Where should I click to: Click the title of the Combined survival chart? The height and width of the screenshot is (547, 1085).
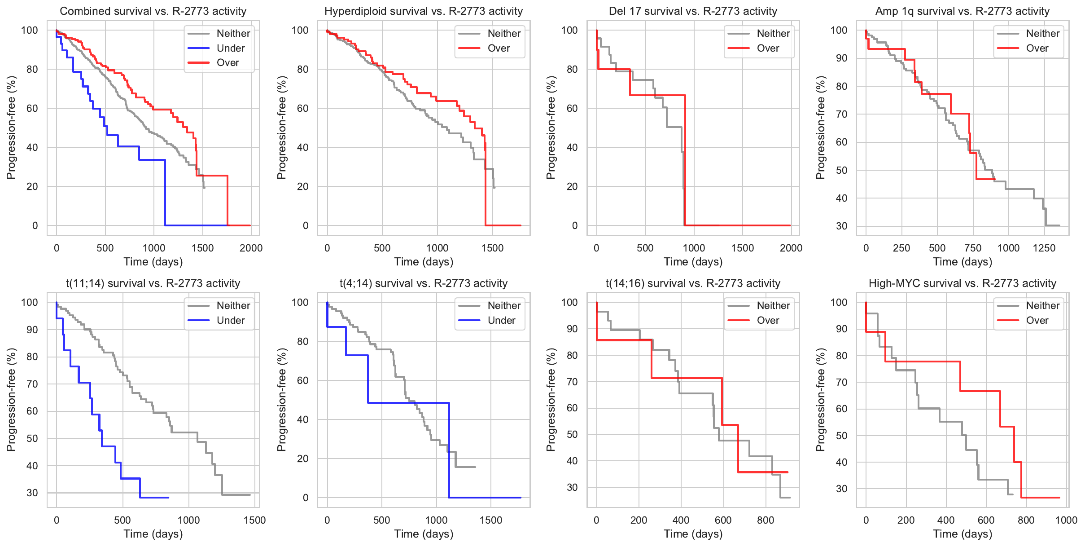[153, 11]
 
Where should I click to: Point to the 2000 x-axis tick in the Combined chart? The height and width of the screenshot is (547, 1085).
[251, 248]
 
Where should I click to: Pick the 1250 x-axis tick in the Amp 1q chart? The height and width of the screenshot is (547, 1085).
[1044, 248]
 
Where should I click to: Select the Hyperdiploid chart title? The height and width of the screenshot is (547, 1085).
[424, 11]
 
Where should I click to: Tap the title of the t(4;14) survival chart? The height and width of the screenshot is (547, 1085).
[424, 283]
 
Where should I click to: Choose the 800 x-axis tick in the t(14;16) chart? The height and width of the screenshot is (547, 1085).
[766, 520]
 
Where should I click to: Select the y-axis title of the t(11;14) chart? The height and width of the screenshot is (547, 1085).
[11, 400]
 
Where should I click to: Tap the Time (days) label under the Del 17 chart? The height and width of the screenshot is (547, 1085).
[693, 262]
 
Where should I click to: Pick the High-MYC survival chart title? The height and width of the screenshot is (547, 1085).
[962, 283]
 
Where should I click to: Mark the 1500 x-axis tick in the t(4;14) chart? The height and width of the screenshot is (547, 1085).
[491, 520]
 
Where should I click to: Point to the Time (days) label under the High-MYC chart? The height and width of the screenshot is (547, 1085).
[962, 534]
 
